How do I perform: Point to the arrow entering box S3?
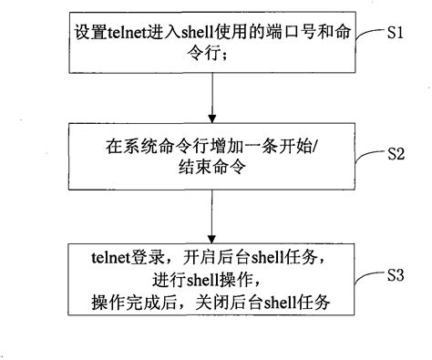pyautogui.click(x=211, y=221)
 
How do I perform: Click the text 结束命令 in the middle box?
pyautogui.click(x=211, y=165)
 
